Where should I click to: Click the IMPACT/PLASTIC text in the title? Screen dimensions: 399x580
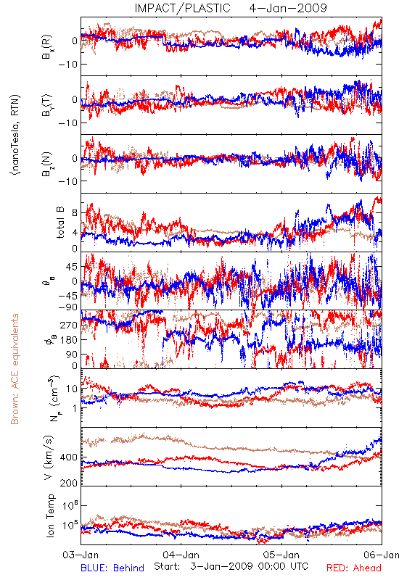pyautogui.click(x=182, y=8)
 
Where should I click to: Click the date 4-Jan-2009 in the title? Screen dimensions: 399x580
pyautogui.click(x=288, y=8)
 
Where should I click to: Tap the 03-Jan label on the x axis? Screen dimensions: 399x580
pyautogui.click(x=81, y=555)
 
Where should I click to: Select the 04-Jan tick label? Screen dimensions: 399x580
pyautogui.click(x=181, y=555)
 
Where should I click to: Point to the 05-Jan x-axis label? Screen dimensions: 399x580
pyautogui.click(x=281, y=555)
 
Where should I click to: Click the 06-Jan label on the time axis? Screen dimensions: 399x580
pyautogui.click(x=382, y=555)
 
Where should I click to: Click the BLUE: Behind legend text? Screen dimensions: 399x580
pyautogui.click(x=112, y=568)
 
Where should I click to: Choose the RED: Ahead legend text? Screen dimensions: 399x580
pyautogui.click(x=354, y=568)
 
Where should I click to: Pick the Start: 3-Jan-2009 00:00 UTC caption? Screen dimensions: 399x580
pyautogui.click(x=231, y=566)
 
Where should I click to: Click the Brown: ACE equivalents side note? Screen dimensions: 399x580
pyautogui.click(x=15, y=369)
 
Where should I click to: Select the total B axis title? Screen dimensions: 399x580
pyautogui.click(x=60, y=223)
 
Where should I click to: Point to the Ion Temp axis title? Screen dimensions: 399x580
pyautogui.click(x=50, y=515)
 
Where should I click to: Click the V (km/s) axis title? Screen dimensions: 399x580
pyautogui.click(x=49, y=458)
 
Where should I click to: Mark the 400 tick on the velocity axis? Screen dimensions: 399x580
pyautogui.click(x=69, y=457)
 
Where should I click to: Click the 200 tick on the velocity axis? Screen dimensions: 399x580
pyautogui.click(x=69, y=483)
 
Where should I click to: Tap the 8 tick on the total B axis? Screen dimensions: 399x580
pyautogui.click(x=75, y=213)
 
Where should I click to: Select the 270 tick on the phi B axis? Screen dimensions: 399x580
pyautogui.click(x=69, y=325)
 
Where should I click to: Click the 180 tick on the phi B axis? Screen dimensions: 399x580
pyautogui.click(x=69, y=340)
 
